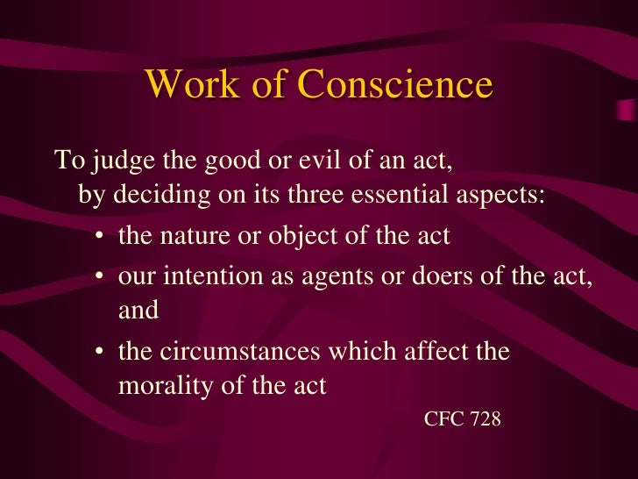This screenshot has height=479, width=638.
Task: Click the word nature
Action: click(195, 235)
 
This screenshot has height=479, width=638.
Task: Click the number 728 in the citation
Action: click(484, 419)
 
